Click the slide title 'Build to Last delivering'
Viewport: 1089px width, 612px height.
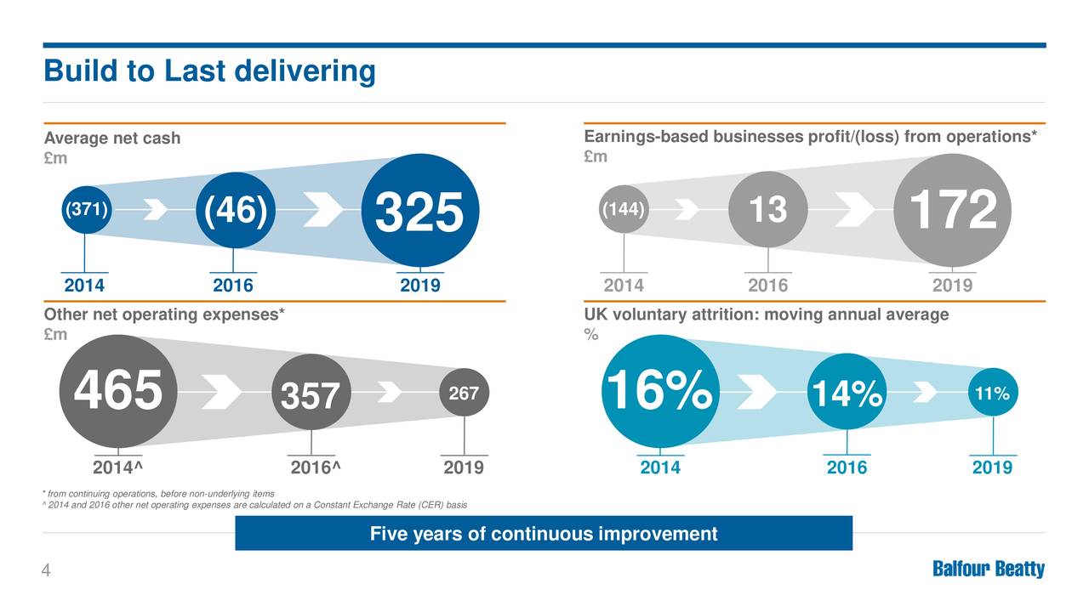(209, 71)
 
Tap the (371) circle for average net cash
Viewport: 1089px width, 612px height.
(84, 209)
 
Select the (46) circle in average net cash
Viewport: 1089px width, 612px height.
(234, 209)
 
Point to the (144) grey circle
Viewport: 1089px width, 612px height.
(624, 209)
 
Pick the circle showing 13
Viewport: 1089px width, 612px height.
(767, 209)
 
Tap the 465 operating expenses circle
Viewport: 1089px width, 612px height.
(117, 392)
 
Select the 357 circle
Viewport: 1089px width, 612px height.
(311, 394)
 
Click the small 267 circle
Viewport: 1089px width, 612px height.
(465, 392)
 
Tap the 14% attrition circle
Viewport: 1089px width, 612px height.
(847, 393)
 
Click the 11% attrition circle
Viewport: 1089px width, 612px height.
(993, 393)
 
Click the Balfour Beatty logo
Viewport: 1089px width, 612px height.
(989, 569)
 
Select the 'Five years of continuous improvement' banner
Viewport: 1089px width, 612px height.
(543, 534)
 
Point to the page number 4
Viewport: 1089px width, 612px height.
(47, 571)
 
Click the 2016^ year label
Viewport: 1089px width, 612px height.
(316, 467)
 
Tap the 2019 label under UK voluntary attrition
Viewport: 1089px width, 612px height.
(992, 467)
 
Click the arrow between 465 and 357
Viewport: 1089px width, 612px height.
(221, 392)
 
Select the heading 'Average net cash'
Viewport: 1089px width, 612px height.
(112, 138)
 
